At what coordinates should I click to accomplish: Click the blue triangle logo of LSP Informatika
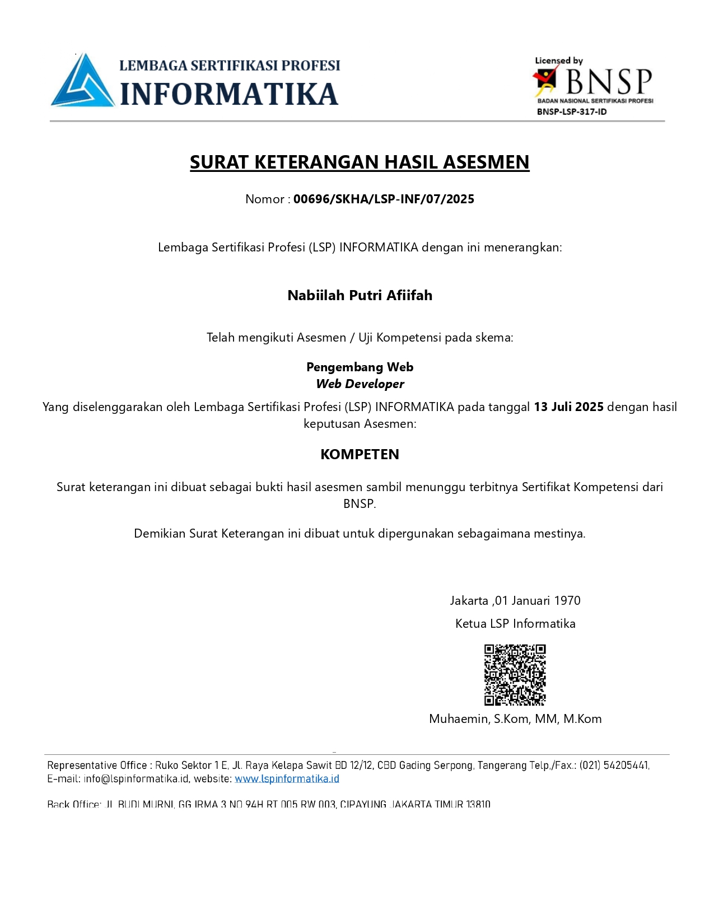tap(82, 82)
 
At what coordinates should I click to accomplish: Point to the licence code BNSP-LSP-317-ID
tap(571, 111)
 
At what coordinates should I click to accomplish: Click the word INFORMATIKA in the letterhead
tap(229, 94)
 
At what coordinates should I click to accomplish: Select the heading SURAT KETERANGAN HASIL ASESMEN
tap(360, 162)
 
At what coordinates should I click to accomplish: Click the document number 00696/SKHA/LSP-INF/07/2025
tap(384, 199)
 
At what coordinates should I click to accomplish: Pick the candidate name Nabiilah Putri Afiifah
tap(360, 295)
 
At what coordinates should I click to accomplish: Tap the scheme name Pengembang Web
tap(360, 367)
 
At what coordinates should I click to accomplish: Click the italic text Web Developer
tap(360, 384)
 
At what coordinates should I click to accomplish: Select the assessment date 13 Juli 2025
tap(568, 407)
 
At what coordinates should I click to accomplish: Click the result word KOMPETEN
tap(360, 454)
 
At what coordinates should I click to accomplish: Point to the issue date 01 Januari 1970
tap(538, 600)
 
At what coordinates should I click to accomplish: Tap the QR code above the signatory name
tap(515, 675)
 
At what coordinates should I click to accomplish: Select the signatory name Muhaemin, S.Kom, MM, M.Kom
tap(515, 718)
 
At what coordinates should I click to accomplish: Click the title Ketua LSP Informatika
tap(515, 623)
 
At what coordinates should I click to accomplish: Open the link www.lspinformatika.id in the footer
tap(287, 778)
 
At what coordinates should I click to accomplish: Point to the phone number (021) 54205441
tap(614, 765)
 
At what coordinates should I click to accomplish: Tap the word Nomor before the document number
tap(264, 199)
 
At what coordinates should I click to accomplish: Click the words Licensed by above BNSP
tap(558, 60)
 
